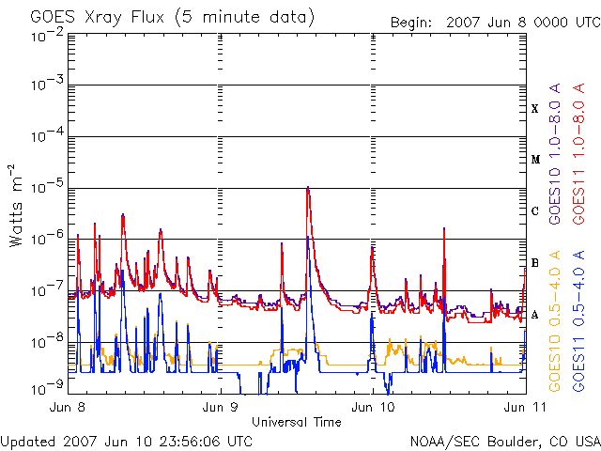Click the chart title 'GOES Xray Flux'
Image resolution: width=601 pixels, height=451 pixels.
[97, 17]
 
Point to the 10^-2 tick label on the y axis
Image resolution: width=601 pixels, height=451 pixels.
[47, 36]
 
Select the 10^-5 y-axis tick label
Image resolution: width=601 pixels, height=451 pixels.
[47, 187]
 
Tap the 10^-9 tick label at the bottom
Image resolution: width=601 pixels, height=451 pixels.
[47, 389]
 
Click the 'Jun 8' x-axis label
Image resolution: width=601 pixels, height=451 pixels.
[68, 407]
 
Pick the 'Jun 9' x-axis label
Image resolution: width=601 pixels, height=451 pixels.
[220, 407]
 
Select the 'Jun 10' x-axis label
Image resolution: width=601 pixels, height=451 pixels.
[373, 407]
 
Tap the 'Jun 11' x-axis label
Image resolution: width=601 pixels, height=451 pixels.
[525, 407]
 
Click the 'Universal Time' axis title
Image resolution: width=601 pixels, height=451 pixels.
[297, 422]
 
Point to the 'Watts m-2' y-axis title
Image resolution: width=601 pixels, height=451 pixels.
[15, 206]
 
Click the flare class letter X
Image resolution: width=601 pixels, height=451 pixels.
[534, 109]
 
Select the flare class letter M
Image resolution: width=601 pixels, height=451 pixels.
[535, 160]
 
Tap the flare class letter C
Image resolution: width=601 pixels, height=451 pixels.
[534, 211]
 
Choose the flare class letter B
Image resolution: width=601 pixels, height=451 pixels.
[534, 263]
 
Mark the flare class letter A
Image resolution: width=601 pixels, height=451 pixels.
[534, 315]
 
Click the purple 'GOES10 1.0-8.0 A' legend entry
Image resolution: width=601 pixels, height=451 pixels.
[555, 153]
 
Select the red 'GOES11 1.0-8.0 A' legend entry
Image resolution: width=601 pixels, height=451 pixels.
[578, 153]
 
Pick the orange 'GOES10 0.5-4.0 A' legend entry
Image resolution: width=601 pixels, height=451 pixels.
[555, 321]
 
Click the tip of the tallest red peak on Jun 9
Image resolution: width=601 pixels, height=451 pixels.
[308, 188]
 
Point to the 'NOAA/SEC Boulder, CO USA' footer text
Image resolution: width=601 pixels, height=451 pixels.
[505, 442]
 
